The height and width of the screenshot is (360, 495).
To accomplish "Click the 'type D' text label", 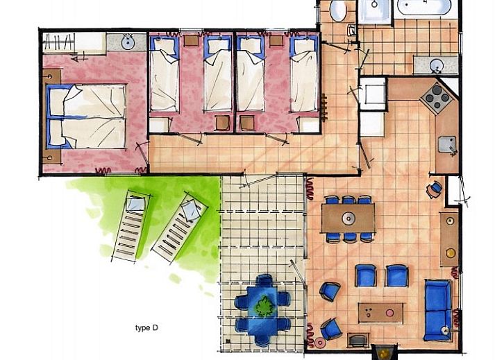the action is pos(146,328).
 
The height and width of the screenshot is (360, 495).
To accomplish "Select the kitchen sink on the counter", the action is pos(447,144).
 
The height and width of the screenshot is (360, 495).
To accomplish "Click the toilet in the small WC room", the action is pos(338,10).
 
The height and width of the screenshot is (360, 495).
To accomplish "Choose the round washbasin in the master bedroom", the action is pos(128,43).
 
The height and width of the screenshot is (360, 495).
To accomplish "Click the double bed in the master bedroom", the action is pos(86,117).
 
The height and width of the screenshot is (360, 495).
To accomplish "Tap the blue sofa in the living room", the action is pos(438,309).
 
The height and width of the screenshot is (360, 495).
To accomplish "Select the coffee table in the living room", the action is pos(380,313).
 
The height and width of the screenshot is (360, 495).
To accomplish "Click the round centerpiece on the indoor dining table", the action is pos(349,218).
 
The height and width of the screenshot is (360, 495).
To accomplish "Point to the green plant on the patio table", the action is pos(264,306).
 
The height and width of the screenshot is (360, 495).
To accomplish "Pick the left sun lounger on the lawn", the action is pos(131,226).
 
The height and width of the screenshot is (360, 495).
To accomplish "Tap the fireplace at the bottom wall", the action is pos(383,352).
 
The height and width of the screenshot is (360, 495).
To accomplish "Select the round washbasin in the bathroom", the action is pos(437,66).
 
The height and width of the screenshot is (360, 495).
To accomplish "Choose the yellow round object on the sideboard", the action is pos(451,252).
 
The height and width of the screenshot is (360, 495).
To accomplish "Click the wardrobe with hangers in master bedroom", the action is pos(74,42).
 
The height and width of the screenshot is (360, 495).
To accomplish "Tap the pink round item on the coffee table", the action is pos(390,313).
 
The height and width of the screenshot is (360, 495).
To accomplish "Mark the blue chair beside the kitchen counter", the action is pos(435,189).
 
